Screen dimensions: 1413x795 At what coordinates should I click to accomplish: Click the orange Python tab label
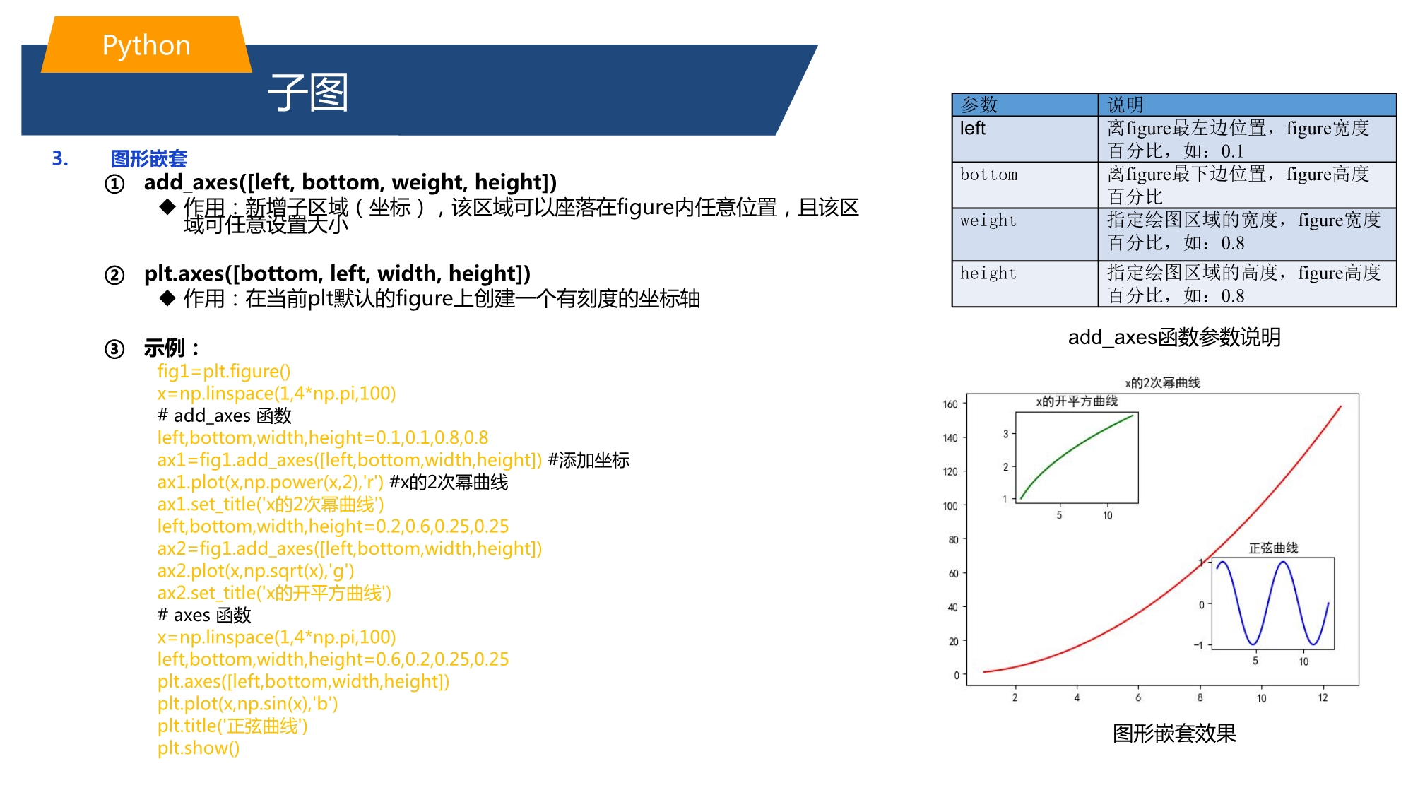pyautogui.click(x=146, y=45)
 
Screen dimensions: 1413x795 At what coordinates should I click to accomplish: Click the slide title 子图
pyautogui.click(x=308, y=93)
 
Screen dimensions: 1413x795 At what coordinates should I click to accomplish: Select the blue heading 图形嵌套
pyautogui.click(x=149, y=158)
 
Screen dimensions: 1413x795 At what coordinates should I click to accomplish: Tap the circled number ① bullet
pyautogui.click(x=114, y=184)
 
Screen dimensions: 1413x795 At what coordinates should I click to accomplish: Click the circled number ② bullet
pyautogui.click(x=114, y=275)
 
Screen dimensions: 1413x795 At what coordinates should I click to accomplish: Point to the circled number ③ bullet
pyautogui.click(x=114, y=349)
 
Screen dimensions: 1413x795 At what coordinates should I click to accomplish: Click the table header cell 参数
pyautogui.click(x=979, y=105)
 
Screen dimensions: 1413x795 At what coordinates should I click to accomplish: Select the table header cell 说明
pyautogui.click(x=1125, y=105)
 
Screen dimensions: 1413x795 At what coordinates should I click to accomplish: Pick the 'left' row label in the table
pyautogui.click(x=972, y=129)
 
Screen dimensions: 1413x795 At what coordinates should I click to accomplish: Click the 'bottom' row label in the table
pyautogui.click(x=988, y=175)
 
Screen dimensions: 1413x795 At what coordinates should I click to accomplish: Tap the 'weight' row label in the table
pyautogui.click(x=988, y=220)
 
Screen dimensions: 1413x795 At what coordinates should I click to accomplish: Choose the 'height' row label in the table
pyautogui.click(x=988, y=273)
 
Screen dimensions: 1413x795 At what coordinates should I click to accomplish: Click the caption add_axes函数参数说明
pyautogui.click(x=1174, y=337)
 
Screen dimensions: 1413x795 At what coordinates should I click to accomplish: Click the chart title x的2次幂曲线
pyautogui.click(x=1162, y=382)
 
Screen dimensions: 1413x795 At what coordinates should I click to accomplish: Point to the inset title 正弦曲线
pyautogui.click(x=1273, y=548)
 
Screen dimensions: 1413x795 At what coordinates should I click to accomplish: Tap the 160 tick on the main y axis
pyautogui.click(x=950, y=404)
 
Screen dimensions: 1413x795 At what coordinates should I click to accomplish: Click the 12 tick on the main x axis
pyautogui.click(x=1323, y=697)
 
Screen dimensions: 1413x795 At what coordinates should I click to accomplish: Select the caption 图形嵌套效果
pyautogui.click(x=1174, y=734)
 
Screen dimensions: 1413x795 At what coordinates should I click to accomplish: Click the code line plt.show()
pyautogui.click(x=199, y=748)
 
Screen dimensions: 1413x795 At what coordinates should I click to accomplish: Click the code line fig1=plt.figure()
pyautogui.click(x=224, y=372)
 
